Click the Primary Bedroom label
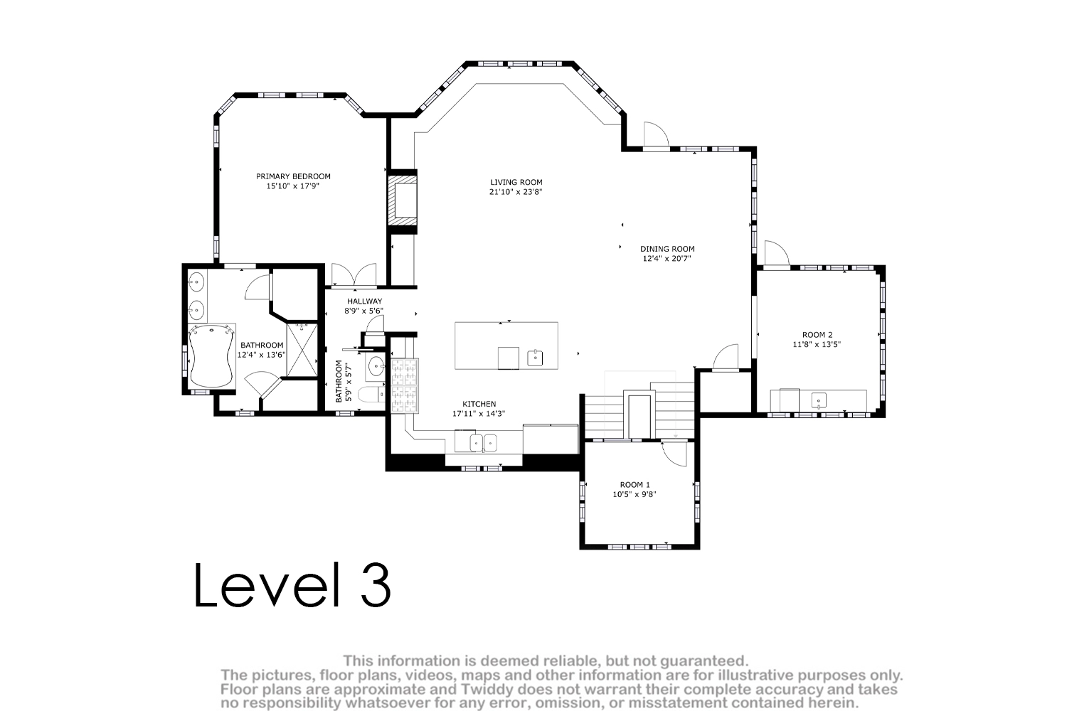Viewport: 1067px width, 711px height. pyautogui.click(x=293, y=176)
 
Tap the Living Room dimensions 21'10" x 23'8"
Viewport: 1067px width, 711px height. pyautogui.click(x=516, y=192)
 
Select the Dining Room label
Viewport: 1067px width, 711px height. pyautogui.click(x=667, y=249)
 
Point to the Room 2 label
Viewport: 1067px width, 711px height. pyautogui.click(x=817, y=335)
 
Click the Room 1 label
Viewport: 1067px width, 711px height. pyautogui.click(x=635, y=485)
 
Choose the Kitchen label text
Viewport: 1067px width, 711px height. pyautogui.click(x=479, y=404)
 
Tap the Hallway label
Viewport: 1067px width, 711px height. pyautogui.click(x=364, y=301)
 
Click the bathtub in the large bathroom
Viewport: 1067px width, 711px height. pyautogui.click(x=211, y=356)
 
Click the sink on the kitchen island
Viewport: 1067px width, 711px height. pyautogui.click(x=535, y=358)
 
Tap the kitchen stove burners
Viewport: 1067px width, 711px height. pyautogui.click(x=405, y=386)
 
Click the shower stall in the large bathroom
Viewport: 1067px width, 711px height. pyautogui.click(x=302, y=350)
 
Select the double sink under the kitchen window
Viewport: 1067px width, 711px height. pyautogui.click(x=484, y=443)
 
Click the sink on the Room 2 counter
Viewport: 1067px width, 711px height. pyautogui.click(x=819, y=400)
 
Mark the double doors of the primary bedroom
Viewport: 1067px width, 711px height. pyautogui.click(x=354, y=275)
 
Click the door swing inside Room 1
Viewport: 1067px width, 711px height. pyautogui.click(x=674, y=454)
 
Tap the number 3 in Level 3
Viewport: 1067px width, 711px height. pyautogui.click(x=376, y=585)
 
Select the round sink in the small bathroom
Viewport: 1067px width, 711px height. pyautogui.click(x=376, y=367)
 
